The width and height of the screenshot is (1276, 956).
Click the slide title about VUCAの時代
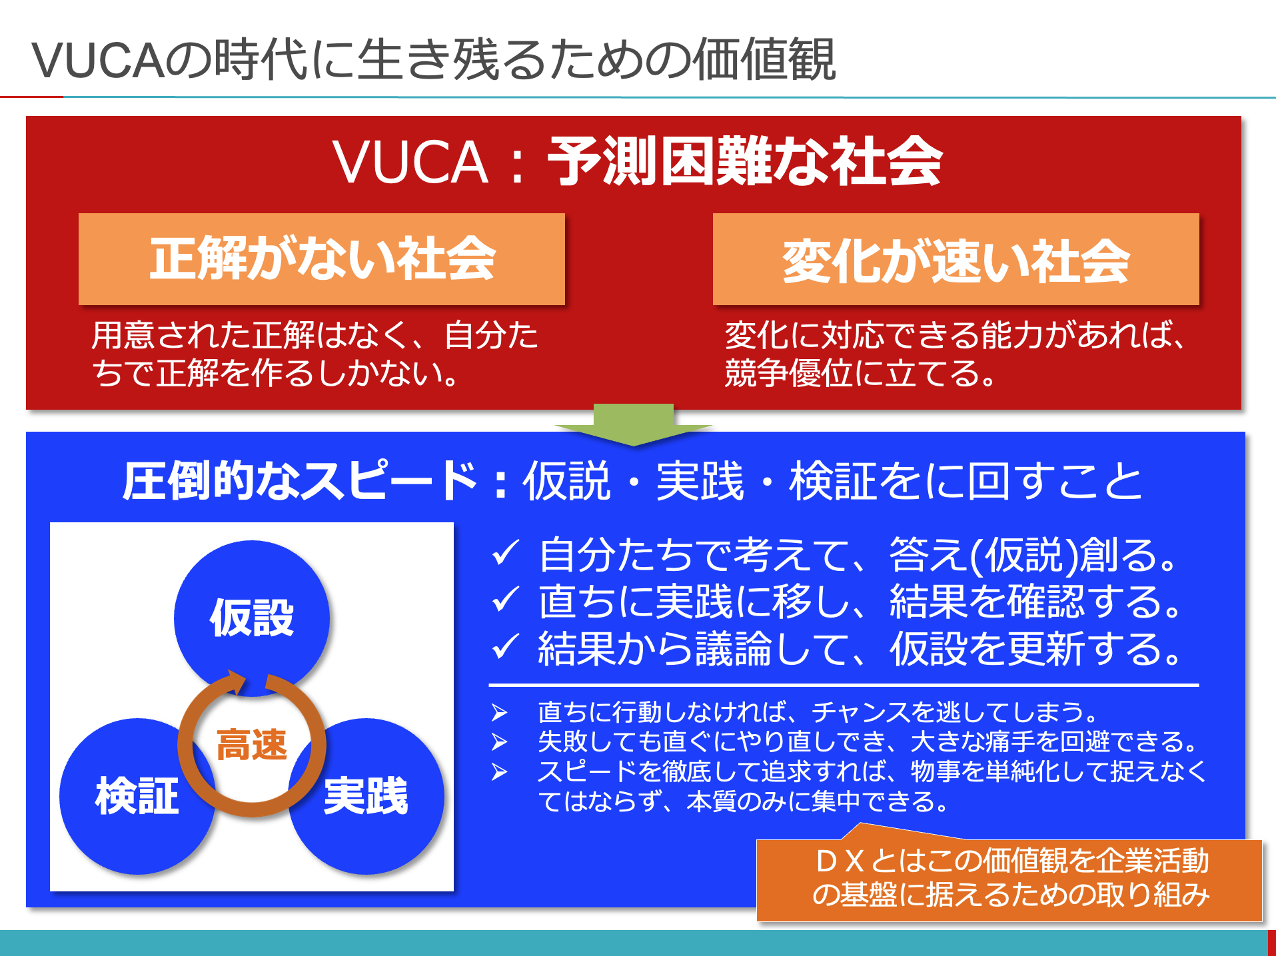[433, 60]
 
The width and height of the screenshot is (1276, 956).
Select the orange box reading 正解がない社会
[322, 259]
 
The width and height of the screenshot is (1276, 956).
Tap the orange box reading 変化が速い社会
[956, 259]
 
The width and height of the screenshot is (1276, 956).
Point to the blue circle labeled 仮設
[252, 618]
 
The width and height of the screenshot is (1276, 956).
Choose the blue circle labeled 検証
[137, 796]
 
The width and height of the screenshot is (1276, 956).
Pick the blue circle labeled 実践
[366, 796]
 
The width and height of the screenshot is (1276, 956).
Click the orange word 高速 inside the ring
[252, 744]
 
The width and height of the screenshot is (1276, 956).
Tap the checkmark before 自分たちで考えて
[505, 553]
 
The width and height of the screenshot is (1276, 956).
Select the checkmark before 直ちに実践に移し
[505, 600]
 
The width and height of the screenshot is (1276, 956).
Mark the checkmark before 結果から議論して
[505, 646]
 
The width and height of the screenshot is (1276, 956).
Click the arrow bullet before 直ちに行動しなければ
[500, 712]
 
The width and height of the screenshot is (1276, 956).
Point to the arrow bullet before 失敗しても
[500, 741]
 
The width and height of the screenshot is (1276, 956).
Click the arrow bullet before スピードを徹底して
[500, 771]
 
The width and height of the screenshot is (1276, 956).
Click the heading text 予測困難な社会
[744, 161]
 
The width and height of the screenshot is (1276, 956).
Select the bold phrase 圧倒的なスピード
[300, 480]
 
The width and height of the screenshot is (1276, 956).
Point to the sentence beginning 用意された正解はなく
[315, 354]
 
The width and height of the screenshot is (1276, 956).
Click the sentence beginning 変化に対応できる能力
[954, 354]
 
